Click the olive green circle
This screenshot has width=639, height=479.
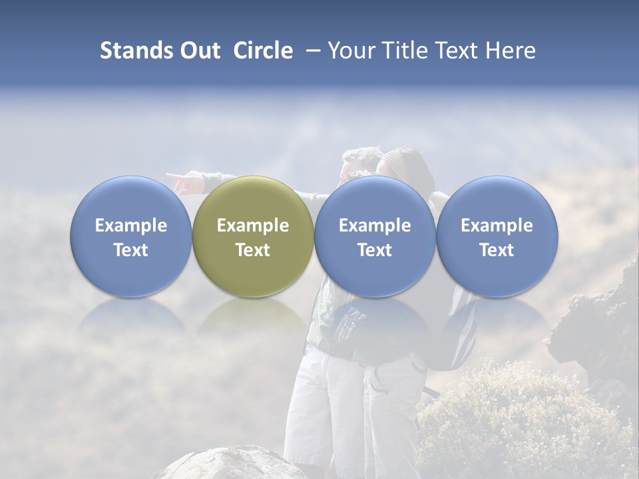253,236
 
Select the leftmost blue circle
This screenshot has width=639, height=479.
130,236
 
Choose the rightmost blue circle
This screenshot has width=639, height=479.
497,236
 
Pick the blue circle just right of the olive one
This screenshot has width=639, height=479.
375,236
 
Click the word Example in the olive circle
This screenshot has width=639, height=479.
253,226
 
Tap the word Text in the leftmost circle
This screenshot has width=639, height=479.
130,250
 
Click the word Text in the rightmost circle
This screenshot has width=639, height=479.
497,250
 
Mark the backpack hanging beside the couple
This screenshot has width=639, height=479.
459,333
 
